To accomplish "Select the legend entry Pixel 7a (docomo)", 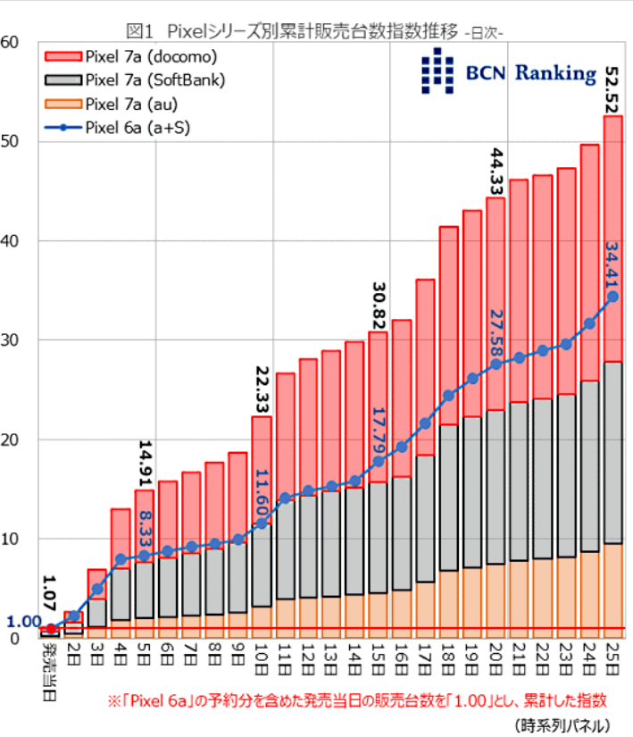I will (152, 57).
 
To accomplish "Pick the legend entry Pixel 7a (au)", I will (143, 104).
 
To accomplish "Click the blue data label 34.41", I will (612, 265).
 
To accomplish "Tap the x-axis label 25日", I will (613, 657).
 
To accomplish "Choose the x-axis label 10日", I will (262, 657).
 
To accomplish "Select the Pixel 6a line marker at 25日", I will (613, 297).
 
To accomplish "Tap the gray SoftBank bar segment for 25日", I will (613, 452).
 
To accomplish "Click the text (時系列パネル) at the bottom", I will (563, 723).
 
